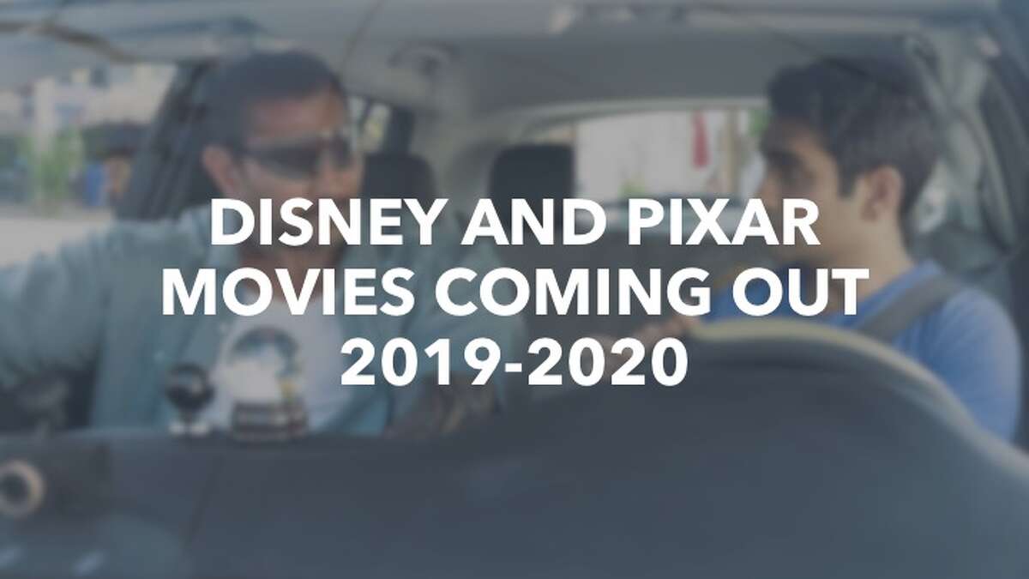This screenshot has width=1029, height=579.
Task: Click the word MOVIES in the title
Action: click(287, 294)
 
